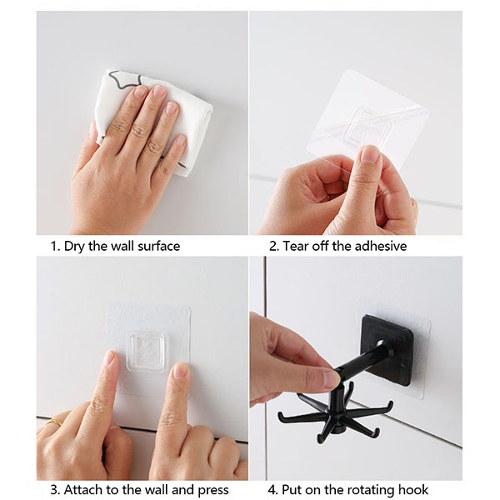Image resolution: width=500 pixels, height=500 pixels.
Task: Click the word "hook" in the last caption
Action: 413,489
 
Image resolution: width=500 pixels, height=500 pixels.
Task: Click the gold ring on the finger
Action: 54,422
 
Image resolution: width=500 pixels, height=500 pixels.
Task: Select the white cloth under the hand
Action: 157,121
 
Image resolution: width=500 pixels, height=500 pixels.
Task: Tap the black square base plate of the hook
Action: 388,350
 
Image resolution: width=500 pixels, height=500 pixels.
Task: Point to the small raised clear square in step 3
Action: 147,352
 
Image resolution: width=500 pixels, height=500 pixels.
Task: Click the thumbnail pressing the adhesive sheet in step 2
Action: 370,155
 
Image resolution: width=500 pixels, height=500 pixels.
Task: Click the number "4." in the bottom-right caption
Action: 272,489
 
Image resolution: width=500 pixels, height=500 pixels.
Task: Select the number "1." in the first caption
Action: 56,246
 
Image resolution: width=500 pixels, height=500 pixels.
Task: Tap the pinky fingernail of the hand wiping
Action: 181,141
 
